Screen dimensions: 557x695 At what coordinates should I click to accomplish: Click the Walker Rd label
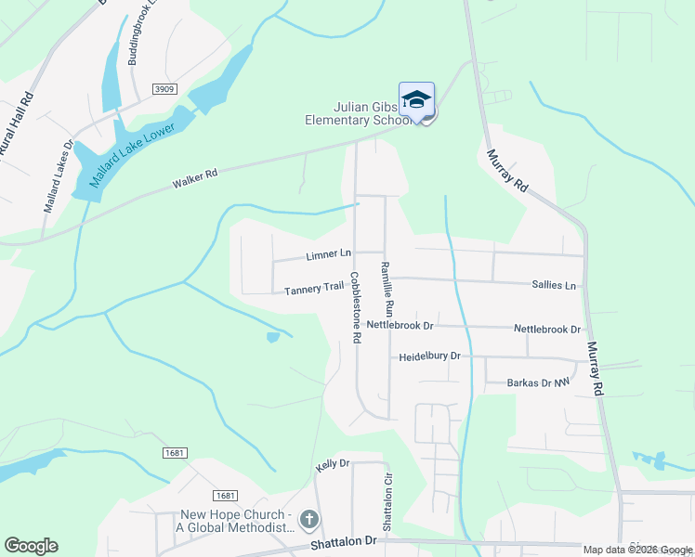195,178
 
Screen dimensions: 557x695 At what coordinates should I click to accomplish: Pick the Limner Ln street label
329,254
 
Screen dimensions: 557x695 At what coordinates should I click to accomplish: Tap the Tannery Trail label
314,289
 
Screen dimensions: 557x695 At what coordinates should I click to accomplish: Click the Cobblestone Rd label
355,307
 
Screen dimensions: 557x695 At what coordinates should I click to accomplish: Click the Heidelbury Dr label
430,356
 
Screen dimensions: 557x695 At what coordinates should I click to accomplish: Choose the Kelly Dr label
332,463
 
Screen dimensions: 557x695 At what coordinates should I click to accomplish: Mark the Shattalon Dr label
344,540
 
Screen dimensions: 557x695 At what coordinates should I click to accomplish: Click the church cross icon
309,521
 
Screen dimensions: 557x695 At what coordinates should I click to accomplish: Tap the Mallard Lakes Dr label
57,176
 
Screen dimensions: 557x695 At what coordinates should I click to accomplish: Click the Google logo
31,546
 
